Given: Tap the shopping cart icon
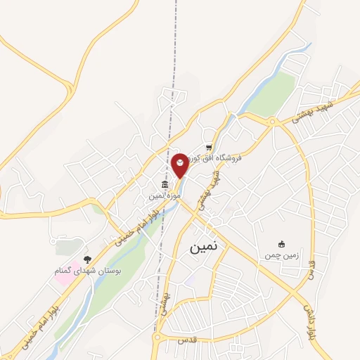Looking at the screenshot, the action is pyautogui.click(x=208, y=147).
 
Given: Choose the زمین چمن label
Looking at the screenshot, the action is pyautogui.click(x=282, y=255).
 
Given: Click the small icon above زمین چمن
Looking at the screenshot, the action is pyautogui.click(x=282, y=244).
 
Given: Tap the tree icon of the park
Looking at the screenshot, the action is pyautogui.click(x=87, y=259).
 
